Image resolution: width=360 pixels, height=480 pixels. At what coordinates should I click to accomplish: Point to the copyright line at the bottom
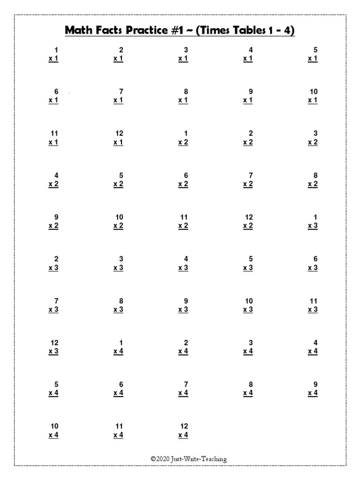188,459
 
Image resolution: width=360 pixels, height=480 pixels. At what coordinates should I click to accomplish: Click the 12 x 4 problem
183,431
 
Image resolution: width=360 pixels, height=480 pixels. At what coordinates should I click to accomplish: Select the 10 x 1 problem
313,96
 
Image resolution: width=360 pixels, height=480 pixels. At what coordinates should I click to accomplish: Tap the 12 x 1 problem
119,138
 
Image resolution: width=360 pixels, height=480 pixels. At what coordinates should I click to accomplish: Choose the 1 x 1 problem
54,54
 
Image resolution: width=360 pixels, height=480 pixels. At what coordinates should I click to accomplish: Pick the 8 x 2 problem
313,180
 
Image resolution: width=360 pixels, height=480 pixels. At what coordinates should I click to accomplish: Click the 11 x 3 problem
313,305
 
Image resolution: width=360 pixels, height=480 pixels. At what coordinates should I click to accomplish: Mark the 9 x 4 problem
313,389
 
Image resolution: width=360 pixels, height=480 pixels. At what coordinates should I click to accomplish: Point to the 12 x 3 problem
54,347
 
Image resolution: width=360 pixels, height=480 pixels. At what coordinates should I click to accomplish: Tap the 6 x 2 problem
183,180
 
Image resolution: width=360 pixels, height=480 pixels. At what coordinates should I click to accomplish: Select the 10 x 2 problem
119,222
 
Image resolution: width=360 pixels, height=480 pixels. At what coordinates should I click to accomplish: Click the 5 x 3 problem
248,263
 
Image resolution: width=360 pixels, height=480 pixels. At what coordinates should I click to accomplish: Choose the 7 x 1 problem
119,96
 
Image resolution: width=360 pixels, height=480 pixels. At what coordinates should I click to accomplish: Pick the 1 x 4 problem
119,347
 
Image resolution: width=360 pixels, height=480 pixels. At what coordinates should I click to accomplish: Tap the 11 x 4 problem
119,431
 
